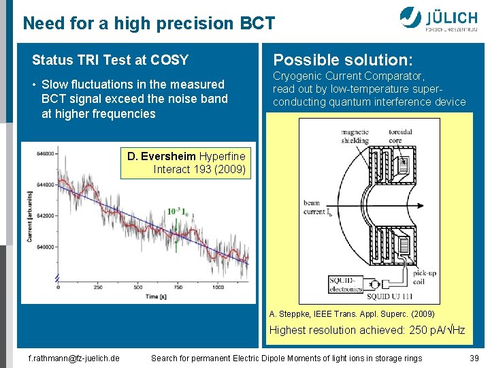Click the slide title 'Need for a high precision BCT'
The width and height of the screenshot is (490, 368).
(149, 24)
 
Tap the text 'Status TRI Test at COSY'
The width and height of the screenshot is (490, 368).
(110, 60)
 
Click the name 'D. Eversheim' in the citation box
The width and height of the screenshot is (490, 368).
(161, 156)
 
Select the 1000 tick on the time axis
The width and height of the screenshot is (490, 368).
(217, 287)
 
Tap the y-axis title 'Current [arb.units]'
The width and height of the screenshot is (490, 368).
(29, 217)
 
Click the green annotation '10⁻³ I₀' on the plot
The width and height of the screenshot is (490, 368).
(178, 212)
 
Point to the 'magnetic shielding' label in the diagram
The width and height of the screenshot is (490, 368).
(355, 136)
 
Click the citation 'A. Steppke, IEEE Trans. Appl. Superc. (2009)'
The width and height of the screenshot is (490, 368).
(352, 314)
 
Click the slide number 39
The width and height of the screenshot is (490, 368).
(474, 358)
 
